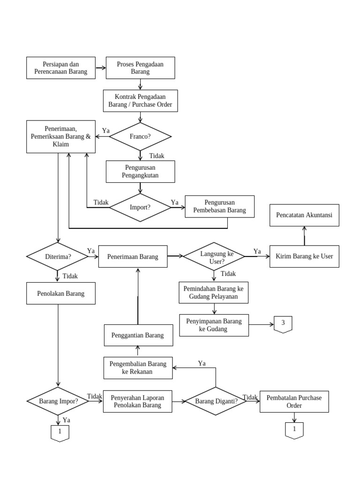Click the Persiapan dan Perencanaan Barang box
(x=61, y=68)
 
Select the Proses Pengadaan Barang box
(x=140, y=68)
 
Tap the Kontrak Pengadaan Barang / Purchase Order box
(x=140, y=101)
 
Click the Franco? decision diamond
(x=140, y=137)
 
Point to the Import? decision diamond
(x=140, y=206)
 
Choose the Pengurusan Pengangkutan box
(x=140, y=172)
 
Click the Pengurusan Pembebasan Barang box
(x=219, y=206)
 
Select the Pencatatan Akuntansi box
(x=304, y=215)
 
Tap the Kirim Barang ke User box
(x=304, y=256)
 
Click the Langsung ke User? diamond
(x=214, y=256)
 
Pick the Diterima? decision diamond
(x=58, y=256)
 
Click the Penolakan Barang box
(x=61, y=294)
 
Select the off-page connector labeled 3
(x=283, y=323)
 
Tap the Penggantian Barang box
(x=138, y=335)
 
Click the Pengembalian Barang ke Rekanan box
(x=138, y=368)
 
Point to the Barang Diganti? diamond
(x=216, y=401)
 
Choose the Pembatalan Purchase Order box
(x=294, y=401)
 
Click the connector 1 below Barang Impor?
(x=60, y=433)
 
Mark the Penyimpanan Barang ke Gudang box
(x=214, y=325)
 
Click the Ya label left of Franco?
(x=106, y=131)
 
